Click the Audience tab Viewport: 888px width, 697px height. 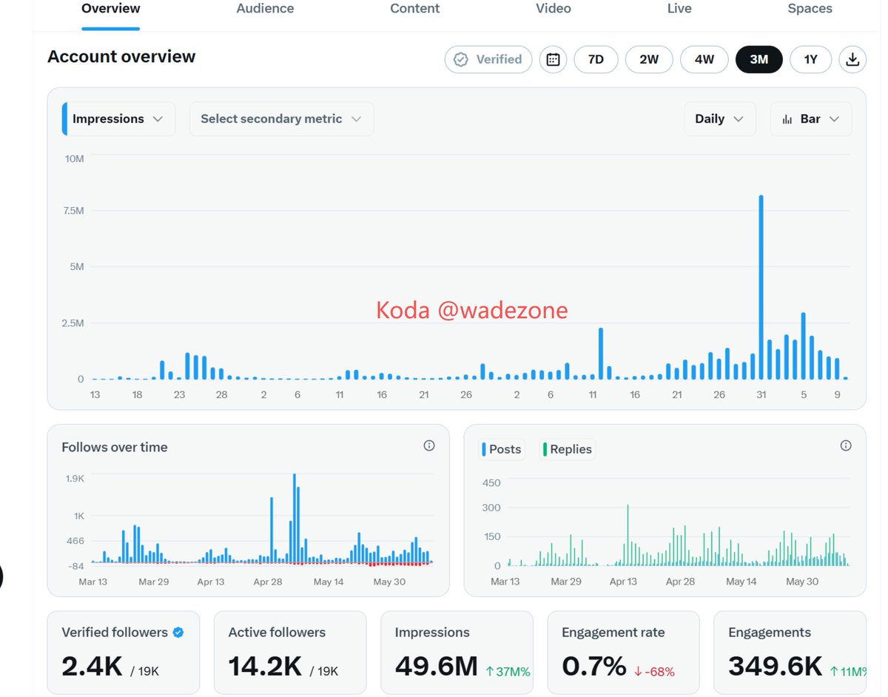coord(265,9)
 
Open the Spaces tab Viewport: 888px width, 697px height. coord(810,9)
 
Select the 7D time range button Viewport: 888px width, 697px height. coord(596,60)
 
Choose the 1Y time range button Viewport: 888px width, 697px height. coord(810,60)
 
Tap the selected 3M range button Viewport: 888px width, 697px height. coord(758,60)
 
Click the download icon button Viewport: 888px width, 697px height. coord(852,60)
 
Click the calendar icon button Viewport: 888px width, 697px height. coord(553,60)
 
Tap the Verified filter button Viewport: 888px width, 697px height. coord(488,60)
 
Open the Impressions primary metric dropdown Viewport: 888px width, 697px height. coord(118,119)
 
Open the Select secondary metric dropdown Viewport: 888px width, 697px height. coord(281,119)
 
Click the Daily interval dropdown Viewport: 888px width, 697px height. coord(719,119)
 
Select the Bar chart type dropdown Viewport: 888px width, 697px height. coord(811,119)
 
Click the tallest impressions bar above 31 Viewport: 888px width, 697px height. coord(761,287)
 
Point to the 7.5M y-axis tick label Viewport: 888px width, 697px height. coord(73,211)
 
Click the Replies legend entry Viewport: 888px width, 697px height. coord(567,449)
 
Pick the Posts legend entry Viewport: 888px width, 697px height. coord(502,449)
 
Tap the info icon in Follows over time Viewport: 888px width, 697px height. coord(428,445)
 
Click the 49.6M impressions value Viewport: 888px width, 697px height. coord(436,667)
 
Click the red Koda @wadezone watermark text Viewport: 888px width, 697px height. coord(471,311)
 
